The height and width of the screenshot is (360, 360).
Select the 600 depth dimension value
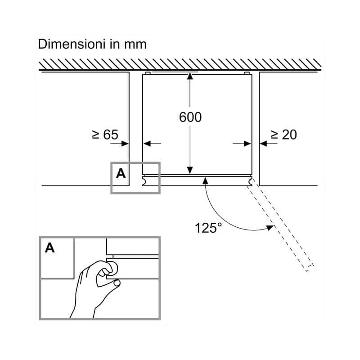[190, 117]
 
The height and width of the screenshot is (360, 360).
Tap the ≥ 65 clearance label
[105, 135]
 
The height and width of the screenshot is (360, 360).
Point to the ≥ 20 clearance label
[284, 135]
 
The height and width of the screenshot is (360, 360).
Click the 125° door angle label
[208, 228]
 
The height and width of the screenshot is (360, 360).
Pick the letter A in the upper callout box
[121, 173]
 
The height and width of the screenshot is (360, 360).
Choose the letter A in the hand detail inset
[50, 248]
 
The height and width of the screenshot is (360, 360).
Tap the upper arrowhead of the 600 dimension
[190, 76]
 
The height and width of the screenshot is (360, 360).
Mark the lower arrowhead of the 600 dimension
[190, 171]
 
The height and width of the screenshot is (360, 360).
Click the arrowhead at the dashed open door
[270, 228]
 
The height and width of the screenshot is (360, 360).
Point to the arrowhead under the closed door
[206, 181]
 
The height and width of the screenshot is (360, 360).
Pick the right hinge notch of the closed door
[250, 181]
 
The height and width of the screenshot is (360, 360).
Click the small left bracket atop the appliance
[148, 73]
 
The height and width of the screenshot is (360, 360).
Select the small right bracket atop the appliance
[247, 73]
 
